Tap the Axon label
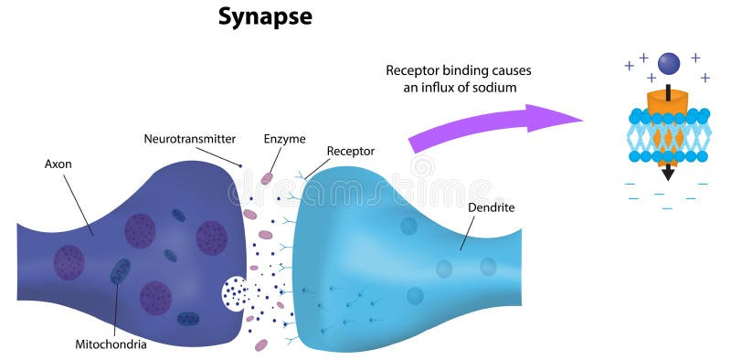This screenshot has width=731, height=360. [x=59, y=164]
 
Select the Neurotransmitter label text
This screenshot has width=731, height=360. [x=189, y=139]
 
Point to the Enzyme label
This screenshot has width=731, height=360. [x=284, y=138]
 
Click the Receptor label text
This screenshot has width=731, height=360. [x=350, y=151]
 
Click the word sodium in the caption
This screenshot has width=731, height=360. [x=495, y=88]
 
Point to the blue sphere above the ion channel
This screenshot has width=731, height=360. [x=670, y=63]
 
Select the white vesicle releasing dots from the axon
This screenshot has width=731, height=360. [x=233, y=292]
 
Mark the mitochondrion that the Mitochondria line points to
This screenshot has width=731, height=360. [x=121, y=271]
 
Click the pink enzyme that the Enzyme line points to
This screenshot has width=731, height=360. [x=267, y=178]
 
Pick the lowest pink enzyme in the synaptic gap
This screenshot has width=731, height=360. [x=261, y=344]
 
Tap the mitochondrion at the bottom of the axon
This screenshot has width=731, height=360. [x=188, y=319]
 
